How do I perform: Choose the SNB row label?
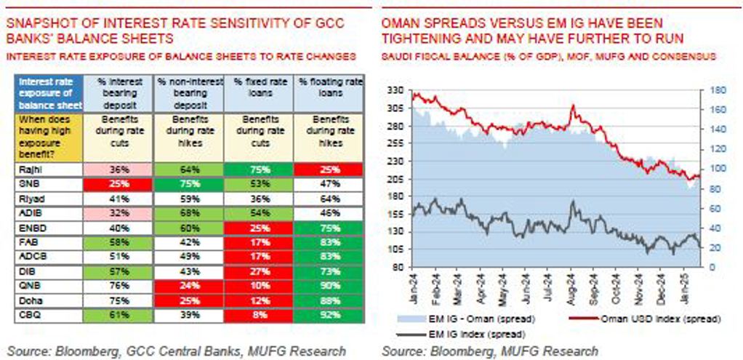tap(25, 184)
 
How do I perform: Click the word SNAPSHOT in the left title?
tap(38, 23)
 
